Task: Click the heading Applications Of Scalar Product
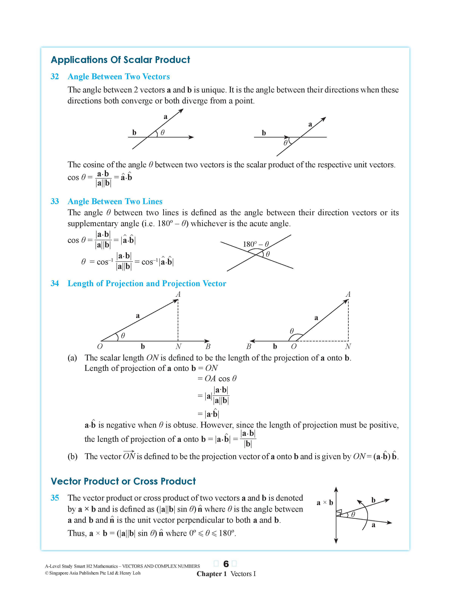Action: (x=120, y=60)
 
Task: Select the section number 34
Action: (x=55, y=283)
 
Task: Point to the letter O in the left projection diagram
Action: (x=100, y=346)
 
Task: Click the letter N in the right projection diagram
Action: (x=348, y=346)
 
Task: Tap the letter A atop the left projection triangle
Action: (x=178, y=294)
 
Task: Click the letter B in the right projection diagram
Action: (x=249, y=346)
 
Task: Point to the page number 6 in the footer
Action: (x=226, y=564)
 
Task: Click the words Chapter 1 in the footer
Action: (x=212, y=574)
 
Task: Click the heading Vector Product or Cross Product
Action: (x=123, y=481)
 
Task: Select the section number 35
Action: (x=55, y=498)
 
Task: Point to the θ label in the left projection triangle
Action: (x=123, y=336)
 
